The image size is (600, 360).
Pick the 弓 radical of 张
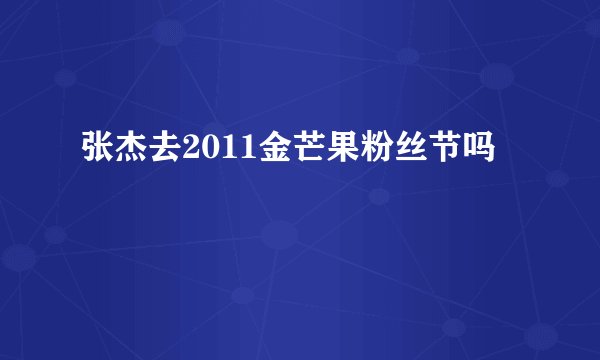coord(89,151)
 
